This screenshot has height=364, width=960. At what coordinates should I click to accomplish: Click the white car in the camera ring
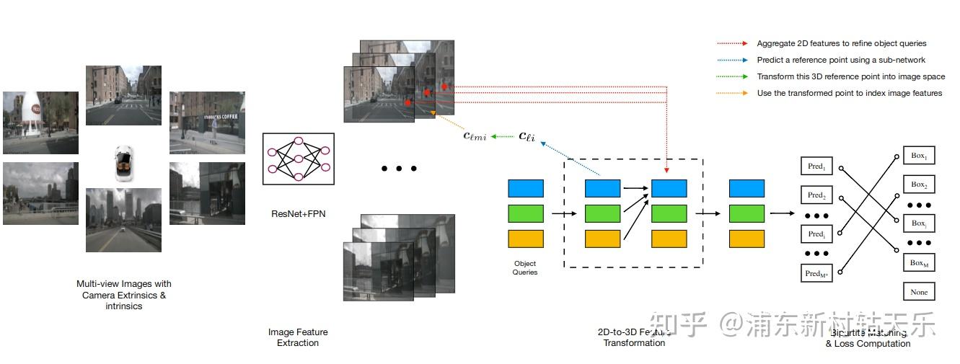click(x=123, y=163)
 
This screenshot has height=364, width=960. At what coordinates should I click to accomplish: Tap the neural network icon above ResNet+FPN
click(x=298, y=159)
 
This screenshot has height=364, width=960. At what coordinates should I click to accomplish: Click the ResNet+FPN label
click(x=298, y=213)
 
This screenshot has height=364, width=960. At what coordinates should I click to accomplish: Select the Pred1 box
click(x=816, y=167)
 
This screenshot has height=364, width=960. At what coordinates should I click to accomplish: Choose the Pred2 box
click(x=816, y=195)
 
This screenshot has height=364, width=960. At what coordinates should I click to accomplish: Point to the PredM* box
click(x=816, y=273)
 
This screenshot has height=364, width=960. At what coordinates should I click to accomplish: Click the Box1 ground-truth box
click(x=918, y=156)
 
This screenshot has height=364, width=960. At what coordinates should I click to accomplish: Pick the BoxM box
click(x=918, y=263)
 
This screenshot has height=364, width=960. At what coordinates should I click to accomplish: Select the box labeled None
click(x=918, y=292)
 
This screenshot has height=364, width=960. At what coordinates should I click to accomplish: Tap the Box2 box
click(x=918, y=185)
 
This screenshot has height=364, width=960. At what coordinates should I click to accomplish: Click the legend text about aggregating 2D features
click(x=841, y=43)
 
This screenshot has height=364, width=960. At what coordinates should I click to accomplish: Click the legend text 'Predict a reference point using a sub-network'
click(x=840, y=60)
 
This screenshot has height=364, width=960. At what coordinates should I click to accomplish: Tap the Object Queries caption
click(x=524, y=267)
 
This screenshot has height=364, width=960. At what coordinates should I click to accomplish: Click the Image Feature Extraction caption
click(x=298, y=337)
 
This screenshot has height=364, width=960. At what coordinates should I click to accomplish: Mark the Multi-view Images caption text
click(x=123, y=295)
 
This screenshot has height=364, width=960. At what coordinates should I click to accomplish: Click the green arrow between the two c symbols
click(x=503, y=136)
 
